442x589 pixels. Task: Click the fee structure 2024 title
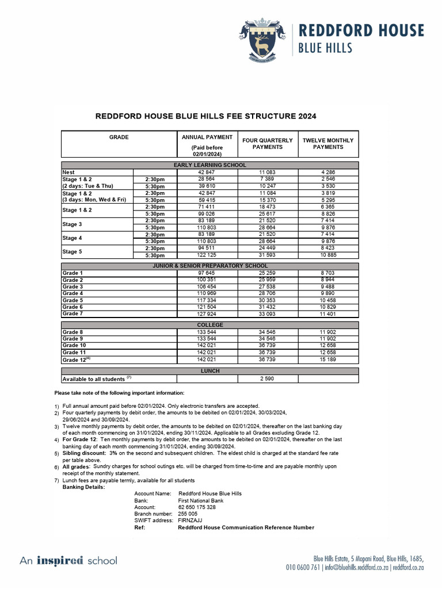pyautogui.click(x=205, y=116)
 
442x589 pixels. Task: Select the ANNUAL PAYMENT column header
pyautogui.click(x=207, y=137)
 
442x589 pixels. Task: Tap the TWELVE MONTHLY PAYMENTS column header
pyautogui.click(x=328, y=143)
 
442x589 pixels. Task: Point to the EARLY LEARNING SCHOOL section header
pyautogui.click(x=209, y=165)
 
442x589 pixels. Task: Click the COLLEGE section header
pyautogui.click(x=209, y=325)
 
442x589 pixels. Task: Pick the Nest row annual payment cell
pyautogui.click(x=206, y=172)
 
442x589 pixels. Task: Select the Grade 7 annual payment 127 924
pyautogui.click(x=206, y=314)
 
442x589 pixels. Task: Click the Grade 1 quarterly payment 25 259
pyautogui.click(x=268, y=273)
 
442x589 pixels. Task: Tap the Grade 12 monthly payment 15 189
pyautogui.click(x=328, y=359)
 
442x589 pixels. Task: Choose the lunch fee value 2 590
pyautogui.click(x=268, y=379)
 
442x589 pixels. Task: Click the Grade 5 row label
pyautogui.click(x=73, y=300)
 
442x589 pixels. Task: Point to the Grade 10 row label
pyautogui.click(x=74, y=346)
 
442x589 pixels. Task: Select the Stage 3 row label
pyautogui.click(x=73, y=224)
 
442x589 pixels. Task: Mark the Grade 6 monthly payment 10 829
pyautogui.click(x=328, y=307)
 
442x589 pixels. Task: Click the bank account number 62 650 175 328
pyautogui.click(x=197, y=507)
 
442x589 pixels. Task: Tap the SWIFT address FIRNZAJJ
pyautogui.click(x=190, y=521)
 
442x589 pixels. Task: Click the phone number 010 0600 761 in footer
pyautogui.click(x=303, y=567)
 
